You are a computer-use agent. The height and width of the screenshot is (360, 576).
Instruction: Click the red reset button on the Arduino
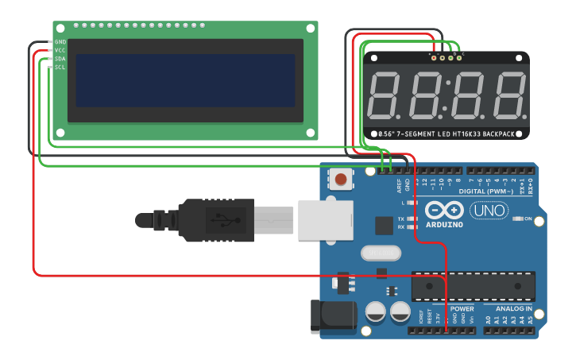(341, 179)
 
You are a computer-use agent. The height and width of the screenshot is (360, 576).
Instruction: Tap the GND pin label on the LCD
(60, 41)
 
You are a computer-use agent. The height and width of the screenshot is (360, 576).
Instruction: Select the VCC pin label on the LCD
(60, 50)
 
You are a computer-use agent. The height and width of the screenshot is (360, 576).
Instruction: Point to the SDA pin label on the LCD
(60, 59)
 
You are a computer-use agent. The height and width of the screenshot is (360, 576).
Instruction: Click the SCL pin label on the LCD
(60, 68)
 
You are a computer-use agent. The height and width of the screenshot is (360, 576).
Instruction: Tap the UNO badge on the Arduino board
(489, 211)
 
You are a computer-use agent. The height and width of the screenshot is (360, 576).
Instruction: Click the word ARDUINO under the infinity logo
(444, 225)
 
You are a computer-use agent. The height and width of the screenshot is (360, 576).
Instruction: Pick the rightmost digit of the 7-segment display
(508, 95)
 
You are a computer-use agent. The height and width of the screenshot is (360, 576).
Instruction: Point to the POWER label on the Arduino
(462, 308)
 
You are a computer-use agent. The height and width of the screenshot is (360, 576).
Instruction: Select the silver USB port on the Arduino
(325, 219)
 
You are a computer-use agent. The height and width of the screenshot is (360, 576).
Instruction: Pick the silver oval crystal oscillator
(382, 253)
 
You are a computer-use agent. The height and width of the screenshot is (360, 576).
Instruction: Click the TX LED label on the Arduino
(401, 219)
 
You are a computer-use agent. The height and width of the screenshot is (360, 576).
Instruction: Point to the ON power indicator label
(527, 219)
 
